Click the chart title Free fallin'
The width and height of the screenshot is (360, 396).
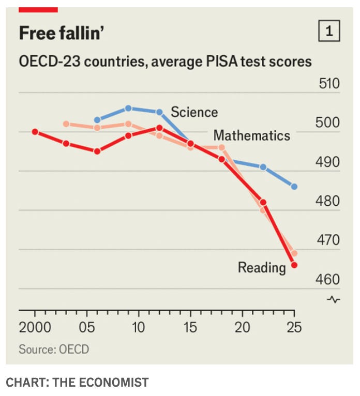[62, 33]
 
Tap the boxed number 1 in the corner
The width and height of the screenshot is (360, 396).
[329, 31]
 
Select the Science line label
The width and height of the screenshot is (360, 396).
[194, 112]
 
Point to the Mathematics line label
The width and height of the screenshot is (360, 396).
[252, 135]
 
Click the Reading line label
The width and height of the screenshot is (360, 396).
[262, 268]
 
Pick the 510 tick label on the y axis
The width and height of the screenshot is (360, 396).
[329, 84]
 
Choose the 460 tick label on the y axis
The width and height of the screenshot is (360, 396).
[327, 280]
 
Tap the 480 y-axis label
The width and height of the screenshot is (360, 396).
[327, 201]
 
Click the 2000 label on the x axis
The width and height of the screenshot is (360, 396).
[35, 327]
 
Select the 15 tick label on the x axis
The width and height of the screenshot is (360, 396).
[190, 327]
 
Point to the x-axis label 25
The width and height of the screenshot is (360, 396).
[294, 327]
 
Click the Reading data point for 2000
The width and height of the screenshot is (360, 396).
[35, 132]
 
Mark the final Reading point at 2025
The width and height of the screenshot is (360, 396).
[294, 265]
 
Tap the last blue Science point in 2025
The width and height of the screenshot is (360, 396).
[294, 187]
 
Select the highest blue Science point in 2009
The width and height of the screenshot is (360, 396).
[128, 109]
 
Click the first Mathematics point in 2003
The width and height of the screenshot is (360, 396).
[66, 124]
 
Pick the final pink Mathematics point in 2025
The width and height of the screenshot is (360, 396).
[294, 253]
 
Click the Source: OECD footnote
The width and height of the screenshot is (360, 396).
[54, 349]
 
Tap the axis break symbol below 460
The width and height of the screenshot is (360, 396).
[334, 300]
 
